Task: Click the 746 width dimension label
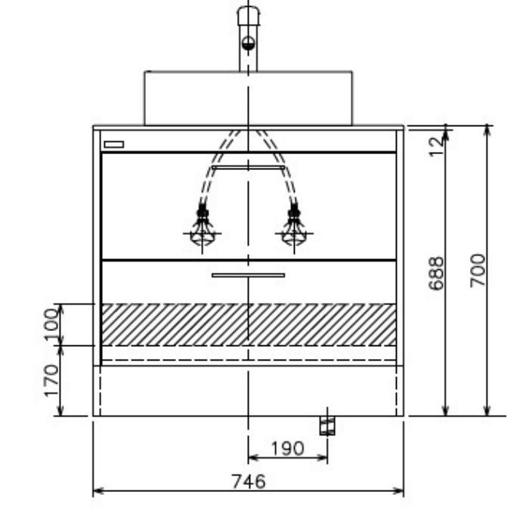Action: pos(249,481)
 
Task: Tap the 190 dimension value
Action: pos(288,448)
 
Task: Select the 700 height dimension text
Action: pos(478,271)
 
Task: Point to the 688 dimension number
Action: pos(436,274)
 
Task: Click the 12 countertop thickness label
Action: pos(436,147)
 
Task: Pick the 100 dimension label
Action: pos(51,325)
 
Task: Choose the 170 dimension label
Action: pos(51,381)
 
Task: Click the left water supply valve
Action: pos(202,227)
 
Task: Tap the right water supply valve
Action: pos(294,227)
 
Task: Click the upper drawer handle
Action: pos(249,167)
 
